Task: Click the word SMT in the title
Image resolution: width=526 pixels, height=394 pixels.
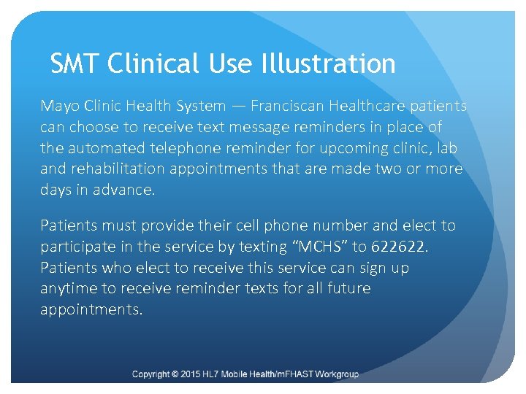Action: [x=75, y=64]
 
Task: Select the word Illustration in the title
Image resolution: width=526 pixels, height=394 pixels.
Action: [x=327, y=64]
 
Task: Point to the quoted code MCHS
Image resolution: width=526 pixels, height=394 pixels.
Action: [x=322, y=247]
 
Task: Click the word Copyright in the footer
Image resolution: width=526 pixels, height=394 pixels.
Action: [x=152, y=374]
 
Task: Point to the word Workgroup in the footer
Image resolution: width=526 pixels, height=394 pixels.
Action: [x=335, y=374]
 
